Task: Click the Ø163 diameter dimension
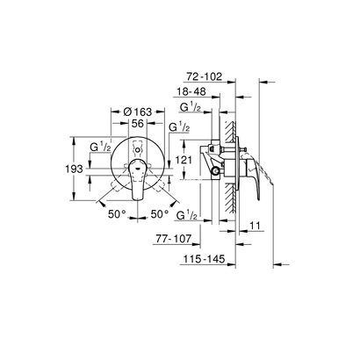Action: (130, 113)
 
